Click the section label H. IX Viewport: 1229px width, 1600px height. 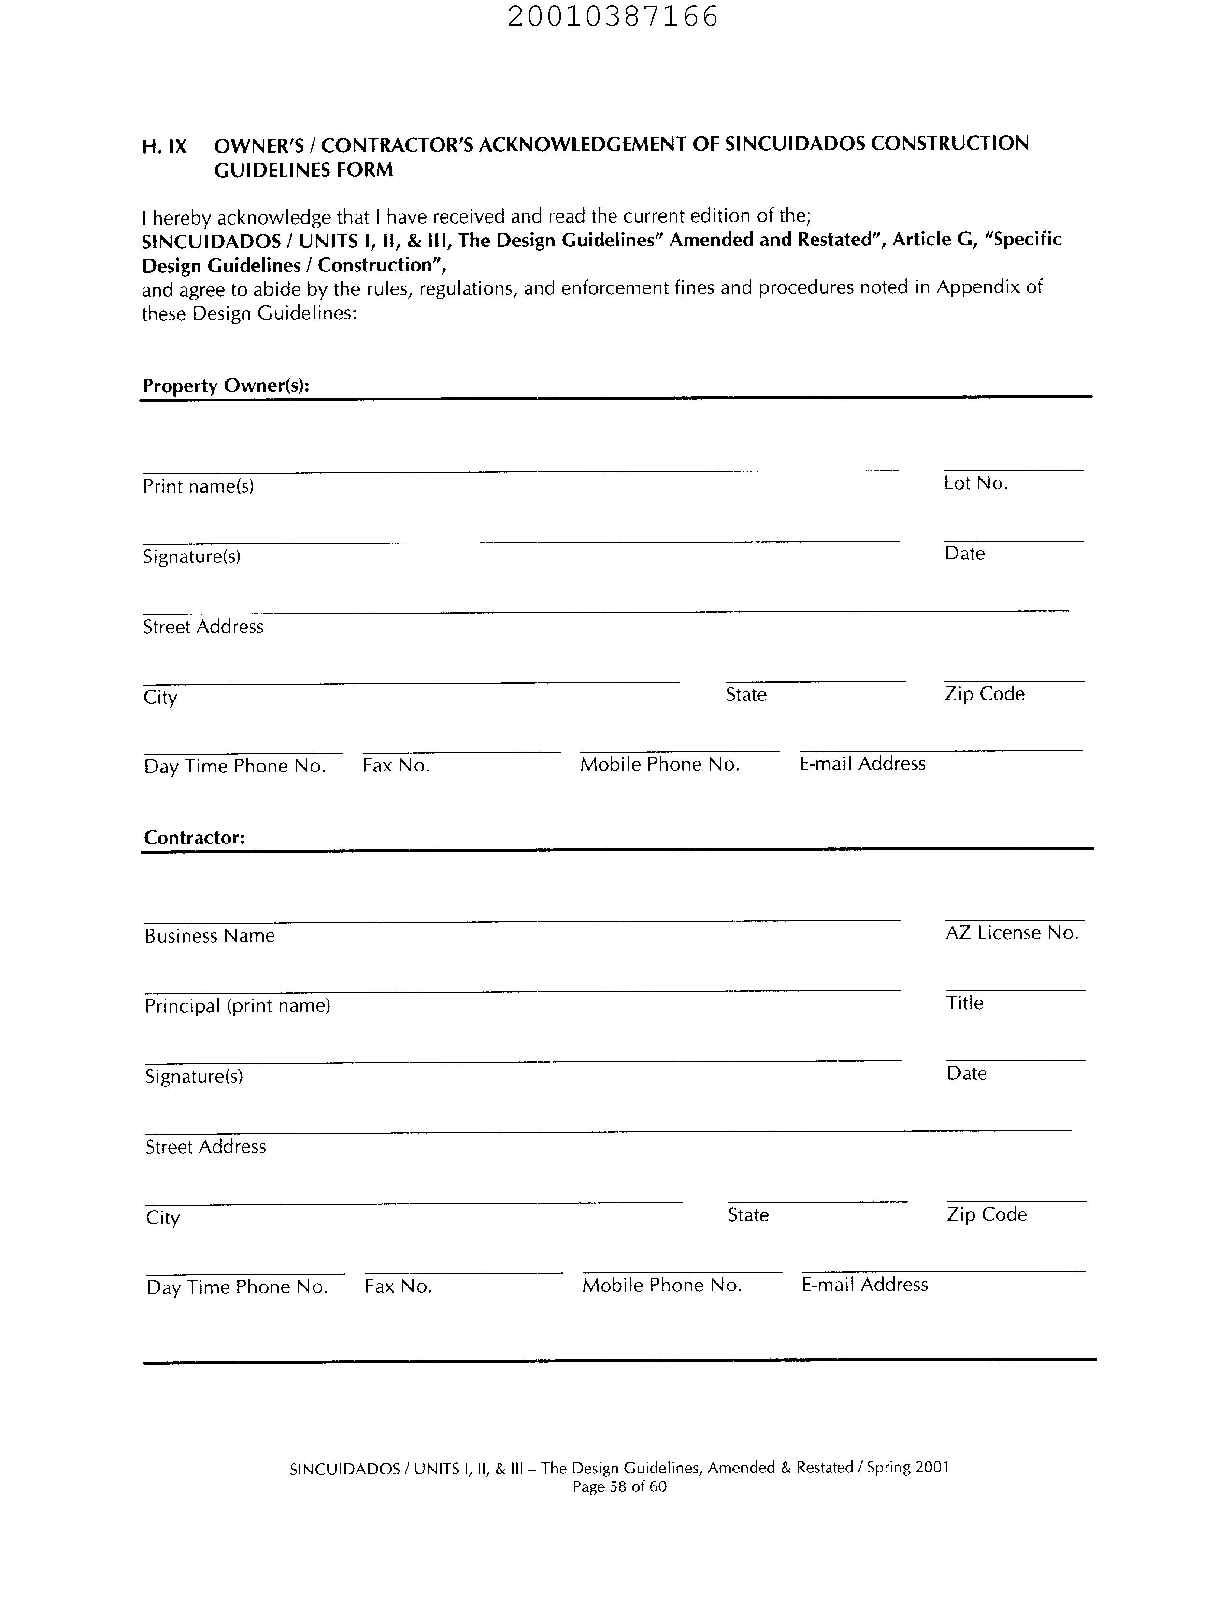[x=164, y=147]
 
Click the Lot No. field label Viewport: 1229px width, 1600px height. [x=976, y=484]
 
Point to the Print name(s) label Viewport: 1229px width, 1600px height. [x=198, y=486]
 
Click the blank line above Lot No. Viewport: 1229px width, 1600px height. [x=1013, y=469]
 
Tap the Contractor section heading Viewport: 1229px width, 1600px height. [x=195, y=838]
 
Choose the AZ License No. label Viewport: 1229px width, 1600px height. [x=1012, y=933]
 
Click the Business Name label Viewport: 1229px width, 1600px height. [x=210, y=936]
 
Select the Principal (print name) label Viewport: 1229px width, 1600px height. [x=238, y=1006]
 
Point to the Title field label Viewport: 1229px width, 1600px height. [x=965, y=1003]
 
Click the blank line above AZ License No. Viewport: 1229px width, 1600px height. [x=1015, y=920]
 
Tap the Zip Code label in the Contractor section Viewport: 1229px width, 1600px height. [x=987, y=1214]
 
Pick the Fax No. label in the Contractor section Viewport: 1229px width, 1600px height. [x=398, y=1287]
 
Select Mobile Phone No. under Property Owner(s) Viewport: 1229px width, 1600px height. [x=660, y=765]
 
